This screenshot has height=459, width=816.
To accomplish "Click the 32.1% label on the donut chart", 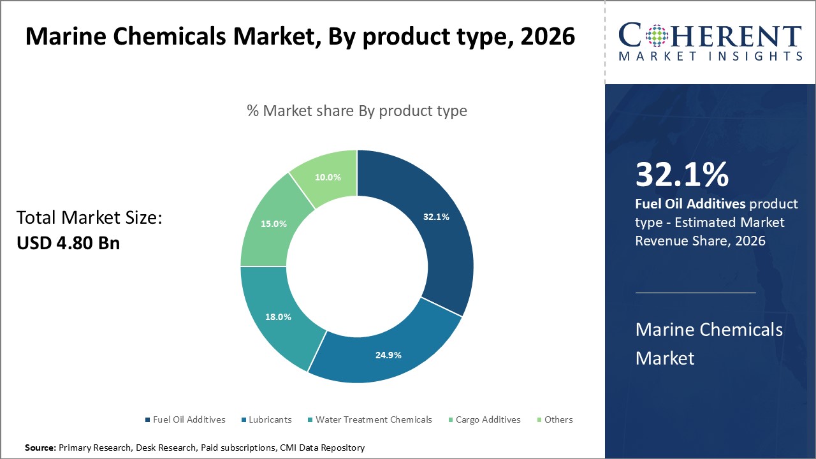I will coord(436,217).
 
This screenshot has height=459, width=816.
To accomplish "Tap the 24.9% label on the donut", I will coord(388,355).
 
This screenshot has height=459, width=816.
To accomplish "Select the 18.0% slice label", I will coord(279,317).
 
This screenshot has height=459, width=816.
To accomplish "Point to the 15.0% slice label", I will coord(273,224).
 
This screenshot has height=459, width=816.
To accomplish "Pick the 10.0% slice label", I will coord(328,177).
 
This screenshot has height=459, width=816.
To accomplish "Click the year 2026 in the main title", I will coord(548,38).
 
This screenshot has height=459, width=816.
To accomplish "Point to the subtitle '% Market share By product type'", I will coord(357,111).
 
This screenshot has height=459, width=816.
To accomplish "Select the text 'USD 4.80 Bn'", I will coord(68,243).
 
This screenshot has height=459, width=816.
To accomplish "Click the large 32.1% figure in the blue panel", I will coord(681,175).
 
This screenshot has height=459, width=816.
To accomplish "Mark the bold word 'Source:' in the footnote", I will coord(41,448).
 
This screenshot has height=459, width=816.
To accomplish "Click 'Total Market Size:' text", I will coord(89,218).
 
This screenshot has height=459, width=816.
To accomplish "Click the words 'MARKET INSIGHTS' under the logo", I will coord(710,56).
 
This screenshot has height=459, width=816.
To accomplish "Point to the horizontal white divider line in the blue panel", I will coord(696,293).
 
